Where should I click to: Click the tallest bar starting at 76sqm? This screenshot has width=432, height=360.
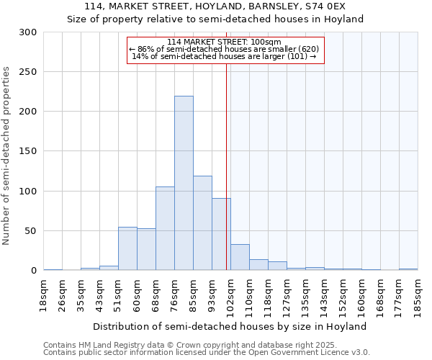(x=184, y=183)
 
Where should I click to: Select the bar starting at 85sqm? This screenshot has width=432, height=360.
(x=202, y=223)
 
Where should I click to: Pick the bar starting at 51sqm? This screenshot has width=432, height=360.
(x=127, y=248)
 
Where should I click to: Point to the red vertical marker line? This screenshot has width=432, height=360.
(x=227, y=166)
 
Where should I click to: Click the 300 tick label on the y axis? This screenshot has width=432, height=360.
(x=28, y=32)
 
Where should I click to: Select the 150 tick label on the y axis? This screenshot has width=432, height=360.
(x=28, y=151)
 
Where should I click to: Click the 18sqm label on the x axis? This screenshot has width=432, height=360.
(x=44, y=295)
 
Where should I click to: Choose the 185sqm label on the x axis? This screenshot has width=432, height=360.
(x=418, y=295)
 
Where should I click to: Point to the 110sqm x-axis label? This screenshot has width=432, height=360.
(x=250, y=295)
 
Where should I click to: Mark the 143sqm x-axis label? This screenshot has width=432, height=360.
(x=325, y=295)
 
